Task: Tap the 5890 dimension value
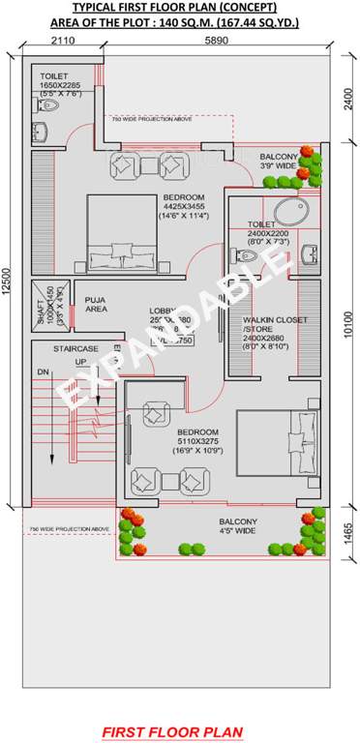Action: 216,41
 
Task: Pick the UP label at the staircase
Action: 81,362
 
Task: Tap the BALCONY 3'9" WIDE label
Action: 279,160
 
